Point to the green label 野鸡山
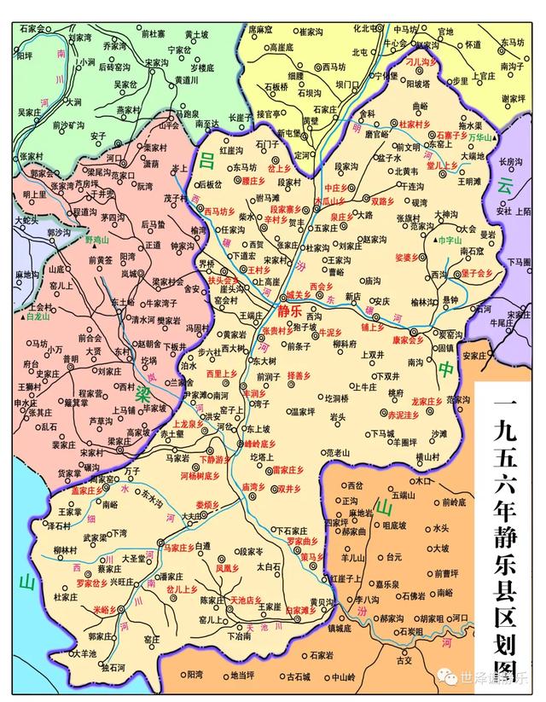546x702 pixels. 98,241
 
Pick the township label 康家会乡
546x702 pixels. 408,339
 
